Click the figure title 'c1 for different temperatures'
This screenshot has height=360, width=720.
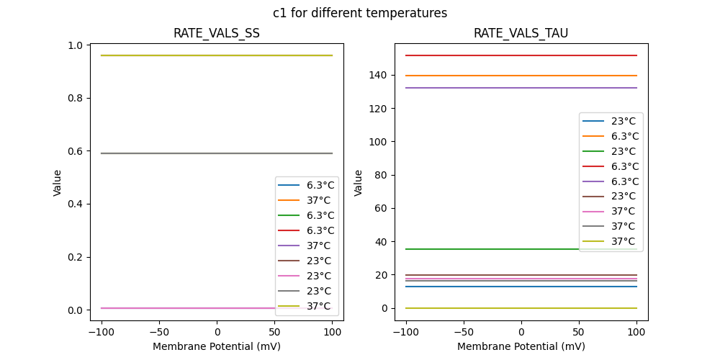click(x=359, y=13)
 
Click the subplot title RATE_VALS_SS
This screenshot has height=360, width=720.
click(x=216, y=34)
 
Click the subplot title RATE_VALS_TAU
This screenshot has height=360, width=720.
click(x=521, y=34)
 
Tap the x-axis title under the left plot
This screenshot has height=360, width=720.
click(x=216, y=346)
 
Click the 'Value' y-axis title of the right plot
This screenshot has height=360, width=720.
click(x=358, y=183)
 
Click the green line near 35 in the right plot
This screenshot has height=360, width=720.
click(x=490, y=249)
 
